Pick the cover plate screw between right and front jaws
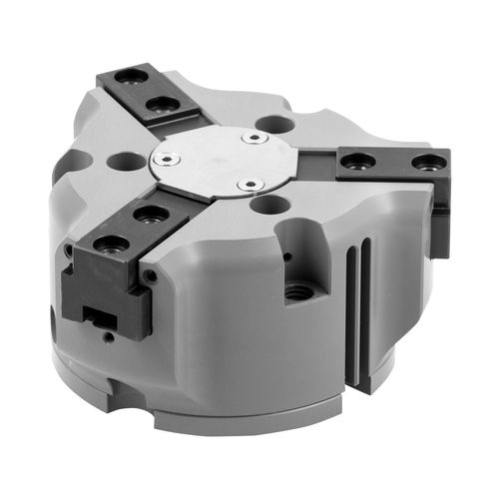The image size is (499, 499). [x=249, y=185]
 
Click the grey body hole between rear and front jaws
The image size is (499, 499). [x=125, y=159]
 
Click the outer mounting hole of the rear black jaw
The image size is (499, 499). [x=126, y=77]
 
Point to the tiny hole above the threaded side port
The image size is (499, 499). [x=289, y=256]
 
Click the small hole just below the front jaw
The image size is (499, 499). [x=106, y=336]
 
